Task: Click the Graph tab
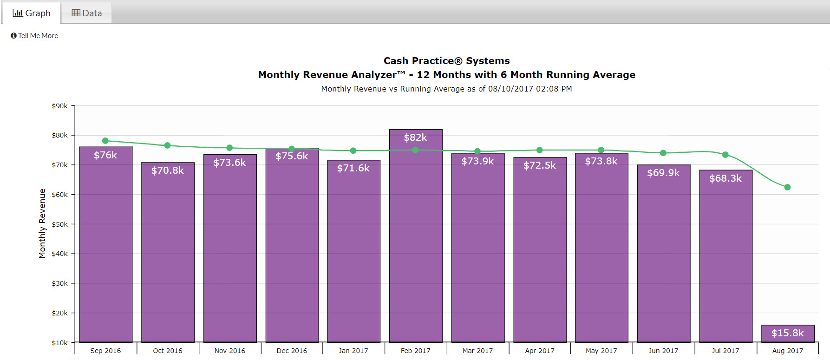click(x=32, y=13)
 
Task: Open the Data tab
click(x=87, y=13)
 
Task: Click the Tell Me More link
click(x=35, y=36)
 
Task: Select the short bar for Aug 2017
click(x=787, y=334)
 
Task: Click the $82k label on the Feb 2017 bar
click(x=415, y=137)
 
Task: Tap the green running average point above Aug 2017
click(x=787, y=187)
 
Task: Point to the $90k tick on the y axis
click(x=59, y=106)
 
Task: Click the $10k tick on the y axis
click(x=59, y=343)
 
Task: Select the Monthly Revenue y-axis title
click(x=42, y=223)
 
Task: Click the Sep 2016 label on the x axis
click(x=105, y=351)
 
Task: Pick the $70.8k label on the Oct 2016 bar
click(x=167, y=170)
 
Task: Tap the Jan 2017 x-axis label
click(x=353, y=351)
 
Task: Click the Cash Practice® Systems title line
click(x=446, y=61)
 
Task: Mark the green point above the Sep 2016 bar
click(x=105, y=141)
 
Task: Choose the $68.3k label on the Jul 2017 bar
click(x=725, y=178)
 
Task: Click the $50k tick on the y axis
click(x=59, y=224)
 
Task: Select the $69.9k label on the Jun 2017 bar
click(x=663, y=173)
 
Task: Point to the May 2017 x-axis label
click(x=601, y=351)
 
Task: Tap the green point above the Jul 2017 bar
click(x=725, y=155)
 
